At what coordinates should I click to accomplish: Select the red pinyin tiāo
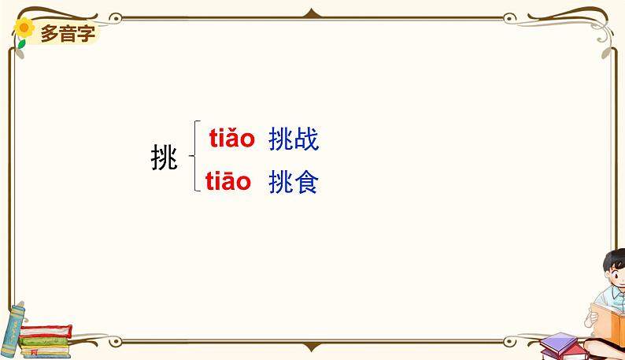click(228, 182)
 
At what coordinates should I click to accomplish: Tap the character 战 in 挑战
click(305, 140)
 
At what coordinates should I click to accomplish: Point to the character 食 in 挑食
click(305, 183)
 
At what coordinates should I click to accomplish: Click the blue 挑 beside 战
click(281, 140)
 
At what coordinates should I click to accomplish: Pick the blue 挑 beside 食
click(281, 183)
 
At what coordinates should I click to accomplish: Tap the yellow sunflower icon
click(24, 30)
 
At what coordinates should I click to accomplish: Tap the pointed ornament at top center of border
click(312, 13)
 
